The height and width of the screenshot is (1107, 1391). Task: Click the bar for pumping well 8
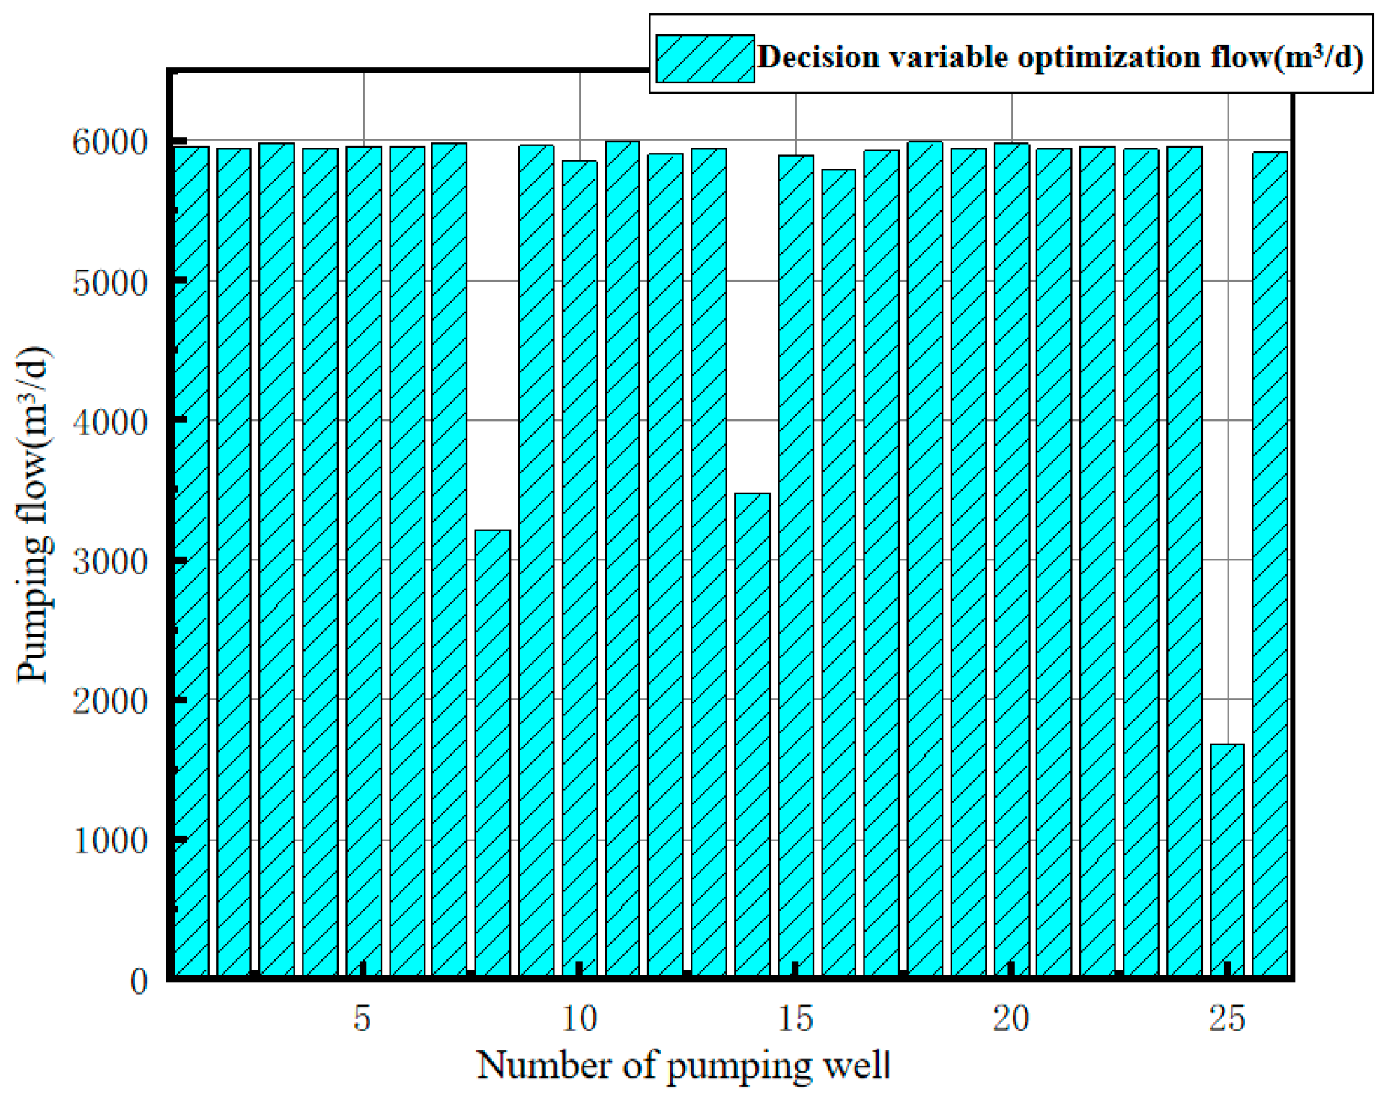(493, 753)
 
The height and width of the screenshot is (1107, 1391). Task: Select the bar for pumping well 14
(752, 734)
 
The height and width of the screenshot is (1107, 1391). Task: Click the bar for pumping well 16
(839, 573)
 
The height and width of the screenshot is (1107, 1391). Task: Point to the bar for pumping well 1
(191, 562)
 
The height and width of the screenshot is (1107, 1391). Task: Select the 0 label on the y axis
(139, 981)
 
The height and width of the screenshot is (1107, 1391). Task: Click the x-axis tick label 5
(363, 1019)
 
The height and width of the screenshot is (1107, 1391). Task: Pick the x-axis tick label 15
(795, 1019)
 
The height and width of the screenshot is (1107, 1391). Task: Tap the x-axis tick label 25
(1227, 1019)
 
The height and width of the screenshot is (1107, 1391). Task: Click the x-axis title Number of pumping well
(683, 1065)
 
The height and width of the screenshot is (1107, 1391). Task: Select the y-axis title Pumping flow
(34, 515)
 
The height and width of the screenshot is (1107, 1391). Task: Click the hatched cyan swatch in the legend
(705, 58)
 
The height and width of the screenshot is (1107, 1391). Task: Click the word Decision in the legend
(818, 58)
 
